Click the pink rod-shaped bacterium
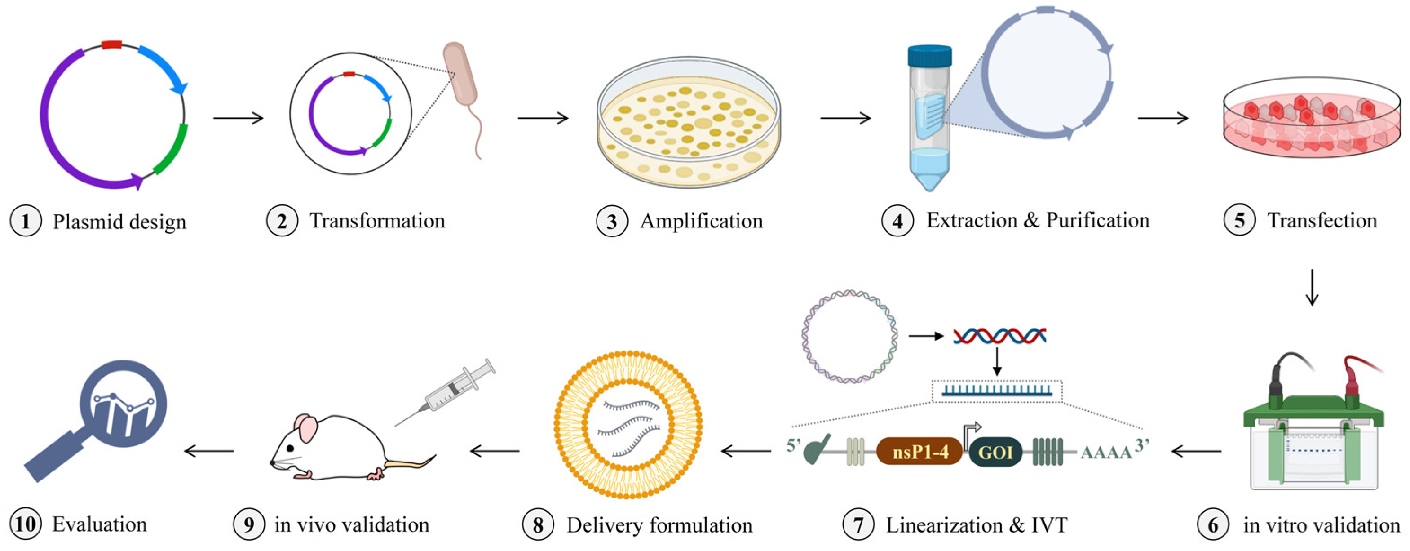460,74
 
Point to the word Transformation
377,221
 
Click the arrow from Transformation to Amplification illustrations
543,118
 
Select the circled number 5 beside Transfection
1239,220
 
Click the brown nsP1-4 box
919,451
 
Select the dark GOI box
995,452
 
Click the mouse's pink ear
306,428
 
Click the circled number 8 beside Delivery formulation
538,525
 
